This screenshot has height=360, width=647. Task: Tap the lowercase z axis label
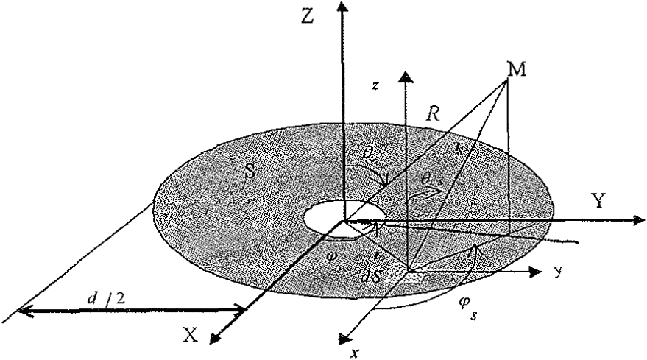[375, 86]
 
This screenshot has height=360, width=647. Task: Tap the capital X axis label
[190, 335]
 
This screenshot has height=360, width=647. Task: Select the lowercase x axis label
[356, 351]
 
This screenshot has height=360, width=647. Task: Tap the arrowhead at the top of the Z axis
[340, 7]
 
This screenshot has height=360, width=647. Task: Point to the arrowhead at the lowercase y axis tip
[537, 272]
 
